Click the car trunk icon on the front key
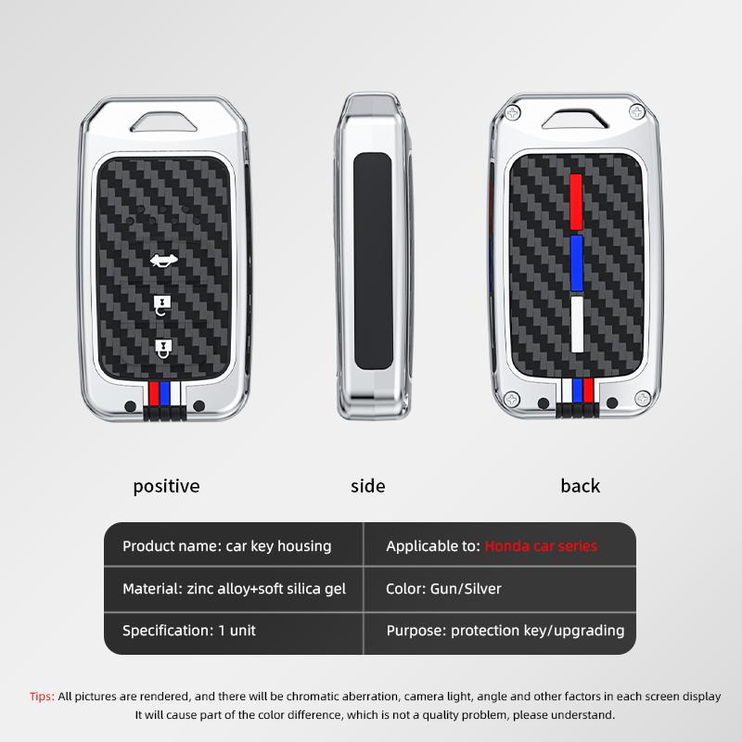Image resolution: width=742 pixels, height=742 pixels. coord(164,260)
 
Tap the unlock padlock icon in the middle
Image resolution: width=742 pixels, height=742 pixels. coord(161,305)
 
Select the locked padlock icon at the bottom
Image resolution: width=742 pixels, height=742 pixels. coord(163,349)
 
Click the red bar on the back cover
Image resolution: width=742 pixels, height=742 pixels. coord(576,202)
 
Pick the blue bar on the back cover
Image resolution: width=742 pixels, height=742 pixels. coord(576,263)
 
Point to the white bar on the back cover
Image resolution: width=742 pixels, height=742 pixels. coord(577,324)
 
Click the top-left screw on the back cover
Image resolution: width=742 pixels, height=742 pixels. coord(513,112)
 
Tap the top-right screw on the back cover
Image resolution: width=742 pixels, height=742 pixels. coord(637,112)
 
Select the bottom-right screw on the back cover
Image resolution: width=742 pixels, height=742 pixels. coord(642,398)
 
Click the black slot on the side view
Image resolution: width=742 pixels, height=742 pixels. coord(373,261)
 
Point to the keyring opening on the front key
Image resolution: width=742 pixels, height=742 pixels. coord(164,122)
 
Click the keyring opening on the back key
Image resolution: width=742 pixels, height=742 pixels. coord(575,120)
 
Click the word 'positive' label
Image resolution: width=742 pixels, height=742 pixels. coord(166,486)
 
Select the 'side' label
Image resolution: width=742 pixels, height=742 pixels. coord(367,486)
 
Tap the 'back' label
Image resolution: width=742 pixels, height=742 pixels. coord(581,485)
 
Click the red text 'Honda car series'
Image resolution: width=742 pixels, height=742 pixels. coord(541,546)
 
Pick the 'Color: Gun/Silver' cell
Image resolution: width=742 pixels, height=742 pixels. coord(443,589)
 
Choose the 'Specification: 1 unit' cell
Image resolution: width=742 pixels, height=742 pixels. coord(189,631)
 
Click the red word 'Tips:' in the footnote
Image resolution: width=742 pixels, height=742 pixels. coord(42,697)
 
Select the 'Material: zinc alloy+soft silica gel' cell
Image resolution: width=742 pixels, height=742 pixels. coord(234,589)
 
